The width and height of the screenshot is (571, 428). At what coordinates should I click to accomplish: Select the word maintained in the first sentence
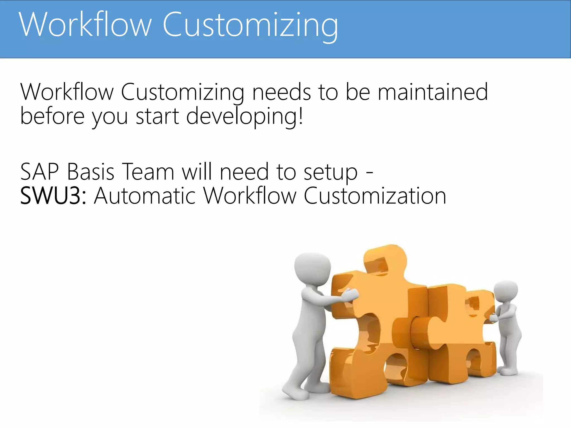click(432, 92)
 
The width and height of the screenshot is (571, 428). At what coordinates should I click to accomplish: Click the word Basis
click(91, 172)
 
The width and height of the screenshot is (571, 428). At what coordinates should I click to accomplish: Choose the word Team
click(148, 172)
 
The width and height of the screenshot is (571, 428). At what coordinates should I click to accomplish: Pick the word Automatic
click(145, 196)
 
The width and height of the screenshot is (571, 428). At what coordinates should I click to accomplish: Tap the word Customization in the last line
click(375, 196)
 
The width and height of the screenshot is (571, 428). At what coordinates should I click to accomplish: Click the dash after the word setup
click(369, 173)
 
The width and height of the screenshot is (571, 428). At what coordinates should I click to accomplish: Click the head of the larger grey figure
click(312, 267)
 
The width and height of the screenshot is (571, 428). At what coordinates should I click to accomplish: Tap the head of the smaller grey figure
click(506, 291)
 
